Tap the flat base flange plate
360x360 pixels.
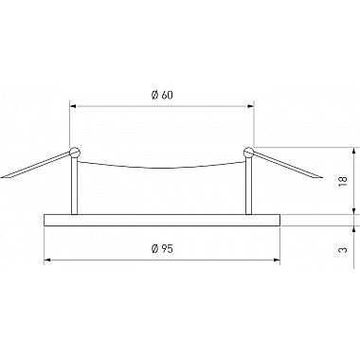163,219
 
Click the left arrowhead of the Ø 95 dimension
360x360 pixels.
47,259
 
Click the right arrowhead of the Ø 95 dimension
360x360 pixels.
279,259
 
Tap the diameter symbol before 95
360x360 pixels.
153,247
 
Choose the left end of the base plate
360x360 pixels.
45,219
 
